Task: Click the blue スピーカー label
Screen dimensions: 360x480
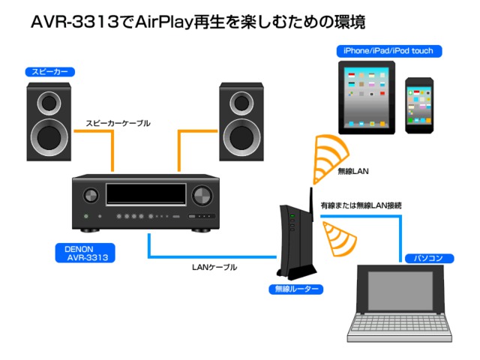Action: tap(47, 73)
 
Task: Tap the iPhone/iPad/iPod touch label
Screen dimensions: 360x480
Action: tap(389, 51)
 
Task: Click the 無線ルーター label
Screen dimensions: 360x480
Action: tap(295, 289)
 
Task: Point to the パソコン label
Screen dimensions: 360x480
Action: tap(429, 258)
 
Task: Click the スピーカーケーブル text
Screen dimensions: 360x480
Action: tap(118, 123)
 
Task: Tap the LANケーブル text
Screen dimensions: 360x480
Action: tap(214, 267)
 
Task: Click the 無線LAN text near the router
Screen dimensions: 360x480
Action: tap(353, 172)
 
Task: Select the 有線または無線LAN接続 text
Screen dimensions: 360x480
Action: tap(361, 205)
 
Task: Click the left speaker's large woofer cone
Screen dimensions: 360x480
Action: tap(49, 136)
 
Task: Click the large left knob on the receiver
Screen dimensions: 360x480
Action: tap(90, 196)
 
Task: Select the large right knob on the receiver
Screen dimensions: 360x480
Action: tap(202, 196)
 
